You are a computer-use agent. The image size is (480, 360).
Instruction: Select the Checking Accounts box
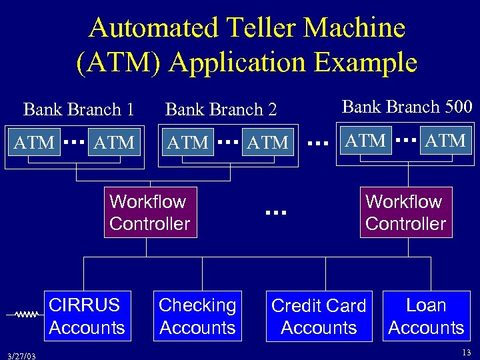pos(197,316)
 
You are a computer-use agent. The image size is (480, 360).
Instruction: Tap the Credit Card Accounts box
pos(319,317)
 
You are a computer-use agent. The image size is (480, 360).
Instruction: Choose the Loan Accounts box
pos(426,316)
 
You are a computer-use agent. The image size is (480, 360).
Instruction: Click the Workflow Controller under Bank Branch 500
pos(405,213)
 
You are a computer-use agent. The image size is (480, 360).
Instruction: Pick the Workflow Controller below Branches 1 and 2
pos(149,213)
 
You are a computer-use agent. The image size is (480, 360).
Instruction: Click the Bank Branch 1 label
pos(79,109)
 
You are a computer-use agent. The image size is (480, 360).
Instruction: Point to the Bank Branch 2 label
pos(221,109)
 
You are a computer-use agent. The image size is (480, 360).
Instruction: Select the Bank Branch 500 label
pos(407,107)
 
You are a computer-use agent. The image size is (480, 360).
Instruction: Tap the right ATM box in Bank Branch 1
pos(114,142)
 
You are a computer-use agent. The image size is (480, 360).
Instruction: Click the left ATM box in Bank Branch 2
pos(187,142)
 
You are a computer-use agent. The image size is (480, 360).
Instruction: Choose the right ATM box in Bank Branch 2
pos(267,142)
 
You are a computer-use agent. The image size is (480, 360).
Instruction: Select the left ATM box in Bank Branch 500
pos(365,141)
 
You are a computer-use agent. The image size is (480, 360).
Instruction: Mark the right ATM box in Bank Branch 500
pos(445,141)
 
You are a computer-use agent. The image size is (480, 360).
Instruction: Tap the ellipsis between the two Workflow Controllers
pos(275,213)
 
